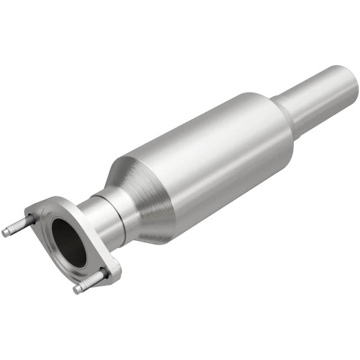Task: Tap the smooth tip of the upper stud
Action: pos(5,233)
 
